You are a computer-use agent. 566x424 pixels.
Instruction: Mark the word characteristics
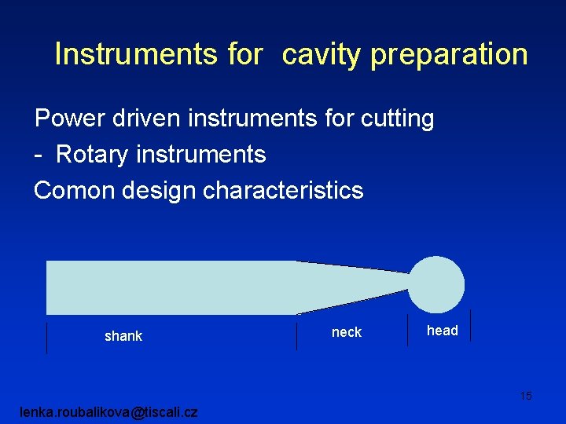(x=284, y=190)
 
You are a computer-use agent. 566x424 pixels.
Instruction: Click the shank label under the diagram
(x=123, y=336)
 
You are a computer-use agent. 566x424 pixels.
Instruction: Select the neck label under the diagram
(x=347, y=332)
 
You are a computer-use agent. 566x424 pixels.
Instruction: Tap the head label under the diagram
(x=442, y=331)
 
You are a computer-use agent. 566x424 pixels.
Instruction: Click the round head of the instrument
(x=436, y=283)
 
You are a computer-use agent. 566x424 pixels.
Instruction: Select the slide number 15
(x=525, y=396)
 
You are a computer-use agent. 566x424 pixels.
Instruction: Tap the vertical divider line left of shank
(x=47, y=337)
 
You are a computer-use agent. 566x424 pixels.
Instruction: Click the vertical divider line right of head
(x=470, y=325)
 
